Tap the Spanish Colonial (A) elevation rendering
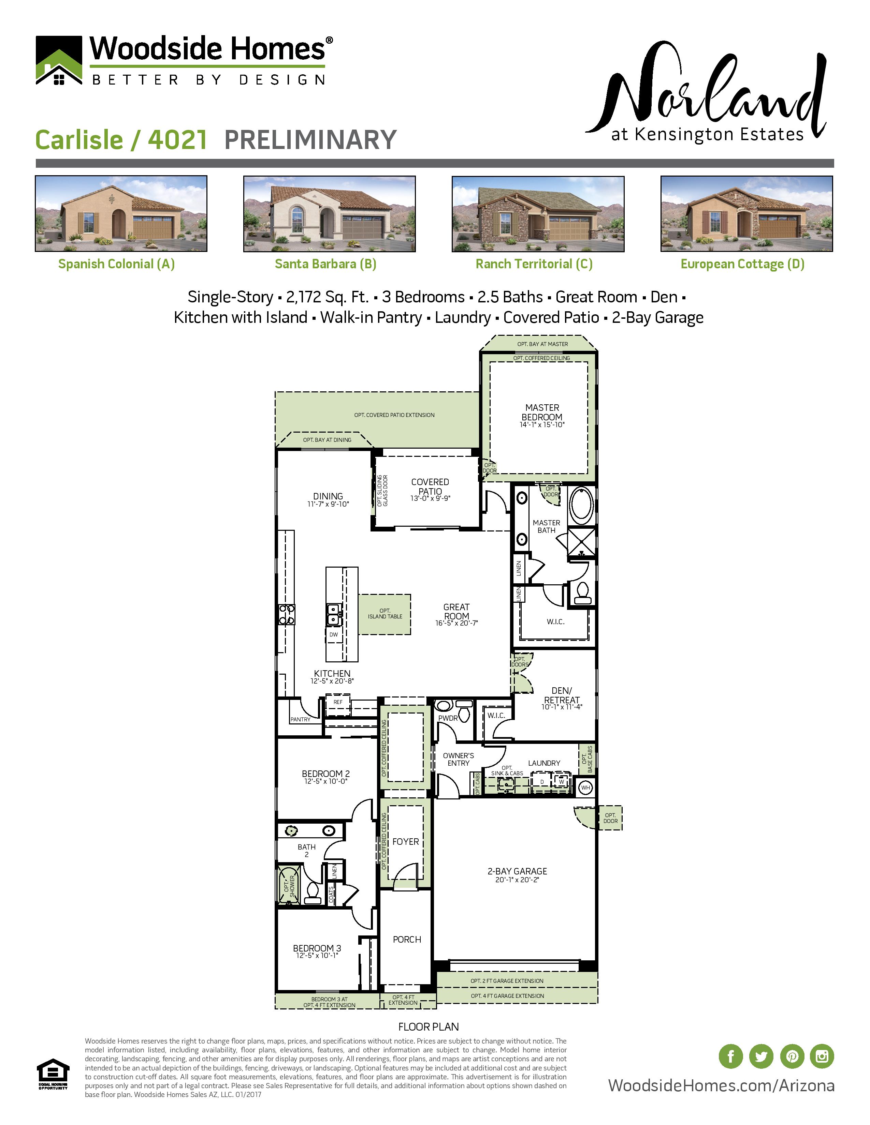click(121, 213)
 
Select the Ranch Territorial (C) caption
click(534, 264)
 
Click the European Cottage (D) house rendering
click(746, 213)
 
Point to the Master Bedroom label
click(542, 412)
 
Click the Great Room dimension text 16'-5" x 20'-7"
click(456, 623)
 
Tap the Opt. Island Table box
click(385, 614)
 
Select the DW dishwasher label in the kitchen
click(333, 635)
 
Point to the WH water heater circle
click(585, 787)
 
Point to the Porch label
click(407, 940)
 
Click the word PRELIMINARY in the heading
click(310, 140)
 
